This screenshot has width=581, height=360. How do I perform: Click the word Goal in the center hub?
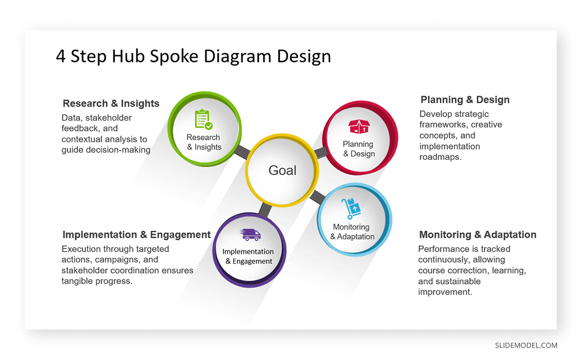click(x=282, y=171)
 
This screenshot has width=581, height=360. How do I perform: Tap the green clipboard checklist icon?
click(x=203, y=120)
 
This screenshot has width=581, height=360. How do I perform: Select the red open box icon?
click(x=358, y=127)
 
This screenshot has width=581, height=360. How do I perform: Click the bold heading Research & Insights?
click(x=111, y=104)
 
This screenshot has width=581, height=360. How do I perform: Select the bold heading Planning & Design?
click(x=465, y=100)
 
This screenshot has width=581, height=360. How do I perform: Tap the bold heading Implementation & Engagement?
click(x=137, y=235)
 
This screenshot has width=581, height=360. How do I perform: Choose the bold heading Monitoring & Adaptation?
click(x=477, y=235)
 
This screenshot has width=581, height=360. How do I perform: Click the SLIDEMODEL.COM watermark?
click(x=526, y=345)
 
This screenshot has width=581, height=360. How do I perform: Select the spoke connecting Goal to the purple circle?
click(x=264, y=209)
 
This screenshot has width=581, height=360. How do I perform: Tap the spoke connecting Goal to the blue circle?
click(x=318, y=197)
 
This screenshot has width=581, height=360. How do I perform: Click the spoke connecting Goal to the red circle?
click(x=320, y=153)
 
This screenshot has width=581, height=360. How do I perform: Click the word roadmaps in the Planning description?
click(x=440, y=157)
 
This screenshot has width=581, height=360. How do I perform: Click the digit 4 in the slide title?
click(x=61, y=57)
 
